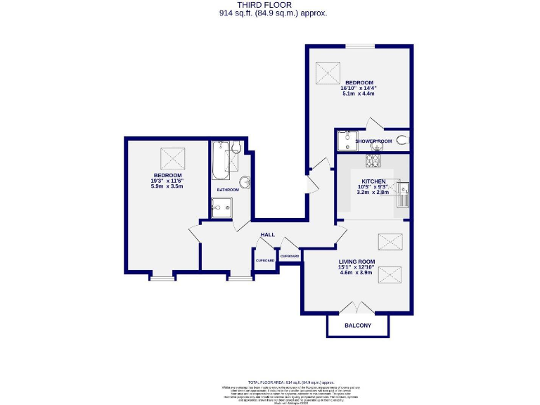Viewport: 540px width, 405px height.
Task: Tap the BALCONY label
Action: [x=357, y=326]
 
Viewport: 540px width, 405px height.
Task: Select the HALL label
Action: [x=267, y=235]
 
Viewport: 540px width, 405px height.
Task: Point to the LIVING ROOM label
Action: [x=357, y=262]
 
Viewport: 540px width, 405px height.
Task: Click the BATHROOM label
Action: [x=228, y=190]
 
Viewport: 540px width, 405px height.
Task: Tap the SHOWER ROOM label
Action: [x=373, y=141]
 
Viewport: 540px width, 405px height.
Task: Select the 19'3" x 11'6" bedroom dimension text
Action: [x=168, y=181]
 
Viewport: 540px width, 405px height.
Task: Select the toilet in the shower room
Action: [x=402, y=140]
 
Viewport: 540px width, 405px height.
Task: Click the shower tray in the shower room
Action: [x=346, y=142]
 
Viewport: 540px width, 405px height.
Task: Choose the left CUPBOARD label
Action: [x=265, y=260]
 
